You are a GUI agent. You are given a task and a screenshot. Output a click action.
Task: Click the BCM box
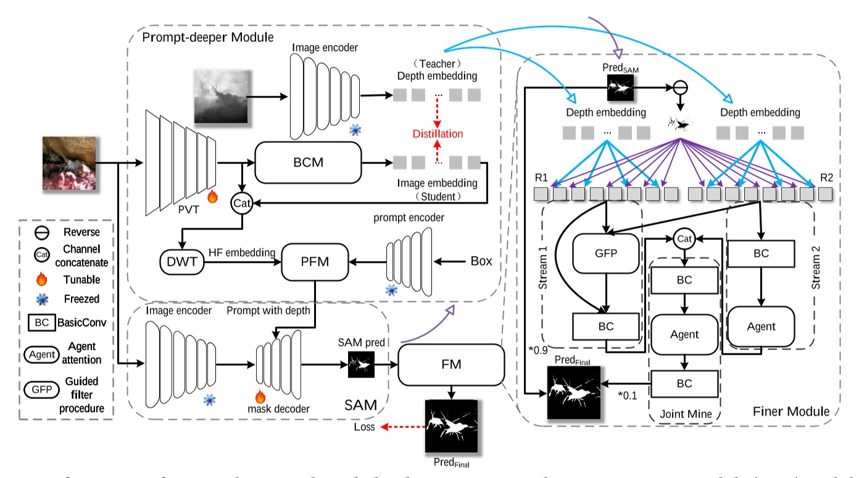[x=308, y=162]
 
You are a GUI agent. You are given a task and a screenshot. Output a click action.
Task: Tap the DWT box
[x=182, y=262]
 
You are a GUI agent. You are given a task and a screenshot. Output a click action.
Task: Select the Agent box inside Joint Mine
[x=684, y=335]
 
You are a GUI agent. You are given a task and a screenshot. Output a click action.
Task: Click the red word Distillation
[x=438, y=134]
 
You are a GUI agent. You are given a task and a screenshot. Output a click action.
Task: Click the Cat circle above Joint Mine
[x=683, y=237]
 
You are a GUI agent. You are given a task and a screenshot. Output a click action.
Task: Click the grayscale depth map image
[x=220, y=96]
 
